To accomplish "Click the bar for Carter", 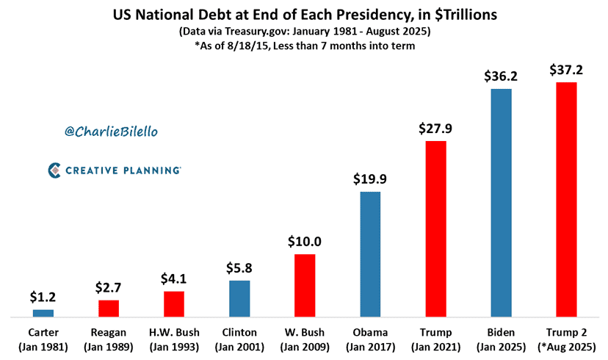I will [x=43, y=313].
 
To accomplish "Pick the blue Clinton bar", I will [x=239, y=298].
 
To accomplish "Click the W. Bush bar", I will [x=305, y=286].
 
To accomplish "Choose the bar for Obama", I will [x=370, y=254].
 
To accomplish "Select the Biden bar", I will [x=501, y=203].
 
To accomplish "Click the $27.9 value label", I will [x=435, y=128].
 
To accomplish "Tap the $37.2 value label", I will [x=566, y=70].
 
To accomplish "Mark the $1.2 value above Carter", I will [x=43, y=298].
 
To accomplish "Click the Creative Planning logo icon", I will [x=54, y=170].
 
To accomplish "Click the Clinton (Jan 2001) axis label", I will [x=239, y=339].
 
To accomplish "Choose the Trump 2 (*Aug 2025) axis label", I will [x=566, y=339].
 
